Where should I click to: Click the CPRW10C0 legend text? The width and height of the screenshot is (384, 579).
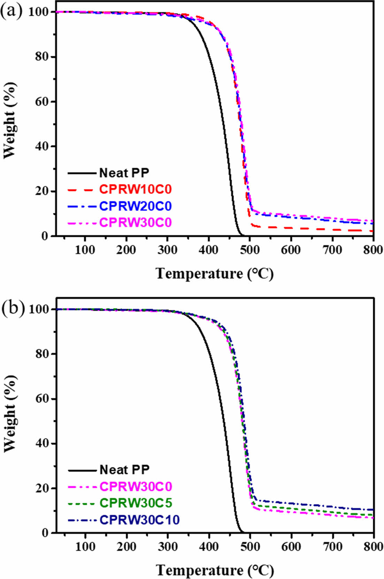click(x=135, y=189)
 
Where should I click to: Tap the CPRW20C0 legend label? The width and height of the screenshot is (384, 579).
click(x=135, y=206)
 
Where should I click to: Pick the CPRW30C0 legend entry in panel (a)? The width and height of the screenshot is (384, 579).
click(x=135, y=223)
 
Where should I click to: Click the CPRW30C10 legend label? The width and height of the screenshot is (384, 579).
click(x=139, y=520)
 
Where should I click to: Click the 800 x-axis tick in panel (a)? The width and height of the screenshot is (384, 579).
click(x=373, y=249)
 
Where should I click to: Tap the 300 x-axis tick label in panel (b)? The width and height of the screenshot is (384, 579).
click(x=168, y=547)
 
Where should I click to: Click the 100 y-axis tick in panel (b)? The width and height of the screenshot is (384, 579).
click(x=39, y=309)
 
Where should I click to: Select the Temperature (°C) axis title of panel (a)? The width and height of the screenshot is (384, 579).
click(x=215, y=273)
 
